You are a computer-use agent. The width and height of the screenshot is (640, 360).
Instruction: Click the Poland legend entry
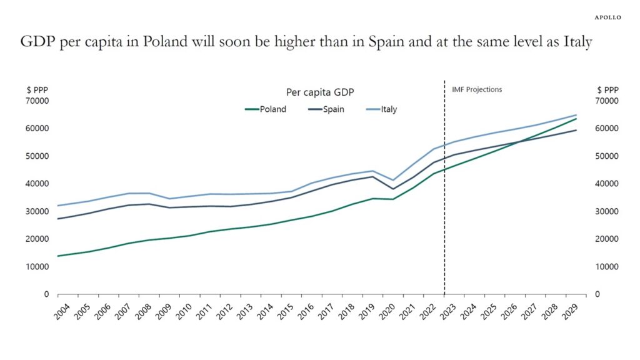266,109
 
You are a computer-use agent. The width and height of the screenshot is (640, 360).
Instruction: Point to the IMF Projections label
477,89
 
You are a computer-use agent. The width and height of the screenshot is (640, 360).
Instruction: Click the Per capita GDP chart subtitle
320,92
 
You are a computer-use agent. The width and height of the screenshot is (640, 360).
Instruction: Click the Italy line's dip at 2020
392,180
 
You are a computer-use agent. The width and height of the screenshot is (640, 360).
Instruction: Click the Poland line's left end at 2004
58,256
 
